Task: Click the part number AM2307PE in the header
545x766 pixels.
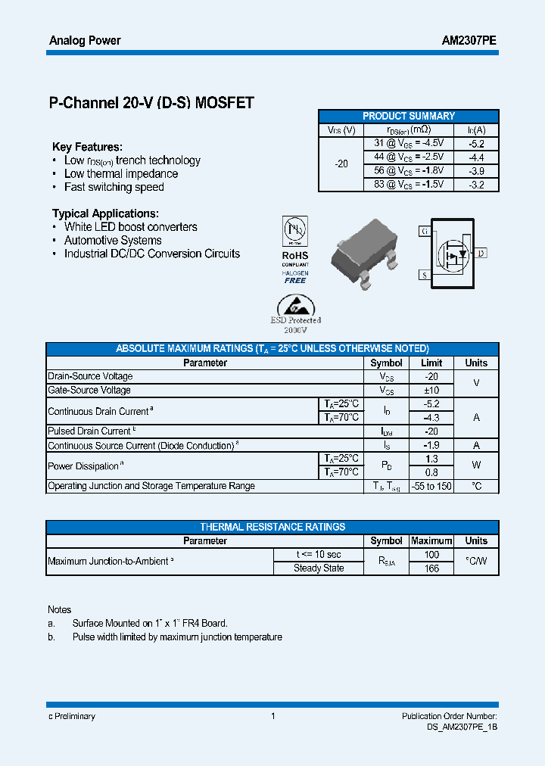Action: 469,41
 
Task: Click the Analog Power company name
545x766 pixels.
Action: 85,41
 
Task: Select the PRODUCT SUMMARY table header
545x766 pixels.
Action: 409,116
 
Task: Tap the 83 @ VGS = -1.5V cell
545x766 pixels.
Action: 409,184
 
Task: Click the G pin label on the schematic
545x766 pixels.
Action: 425,231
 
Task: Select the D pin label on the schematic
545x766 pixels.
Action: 481,253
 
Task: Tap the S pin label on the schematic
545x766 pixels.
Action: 425,275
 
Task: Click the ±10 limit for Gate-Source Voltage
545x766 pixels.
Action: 431,390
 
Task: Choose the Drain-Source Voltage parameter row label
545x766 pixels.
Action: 90,376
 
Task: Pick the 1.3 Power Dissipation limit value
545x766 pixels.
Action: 431,459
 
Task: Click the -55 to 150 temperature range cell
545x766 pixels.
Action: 431,486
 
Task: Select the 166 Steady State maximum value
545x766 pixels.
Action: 431,568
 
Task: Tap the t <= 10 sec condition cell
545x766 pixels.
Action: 319,555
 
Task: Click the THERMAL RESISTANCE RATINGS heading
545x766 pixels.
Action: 272,527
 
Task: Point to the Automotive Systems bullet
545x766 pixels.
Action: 113,241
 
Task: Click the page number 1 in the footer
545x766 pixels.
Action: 272,716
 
